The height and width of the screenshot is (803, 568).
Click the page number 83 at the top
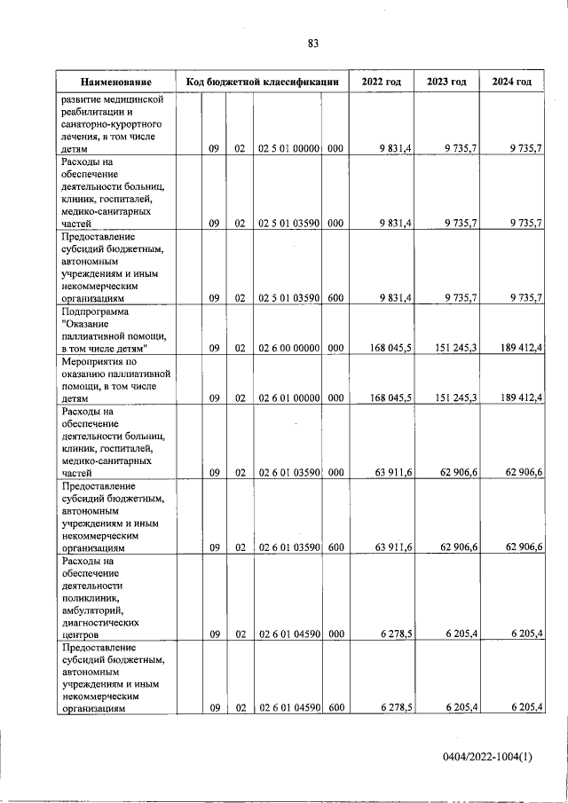312,43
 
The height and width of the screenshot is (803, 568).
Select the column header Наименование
114,82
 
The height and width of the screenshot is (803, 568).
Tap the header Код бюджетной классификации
263,82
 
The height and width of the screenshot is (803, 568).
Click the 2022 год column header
381,82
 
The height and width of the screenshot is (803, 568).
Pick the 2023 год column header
446,82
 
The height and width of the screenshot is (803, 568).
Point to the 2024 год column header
511,82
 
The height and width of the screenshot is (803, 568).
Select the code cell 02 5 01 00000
288,150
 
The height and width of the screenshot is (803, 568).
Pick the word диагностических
103,623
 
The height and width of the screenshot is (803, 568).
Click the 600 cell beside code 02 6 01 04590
335,707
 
